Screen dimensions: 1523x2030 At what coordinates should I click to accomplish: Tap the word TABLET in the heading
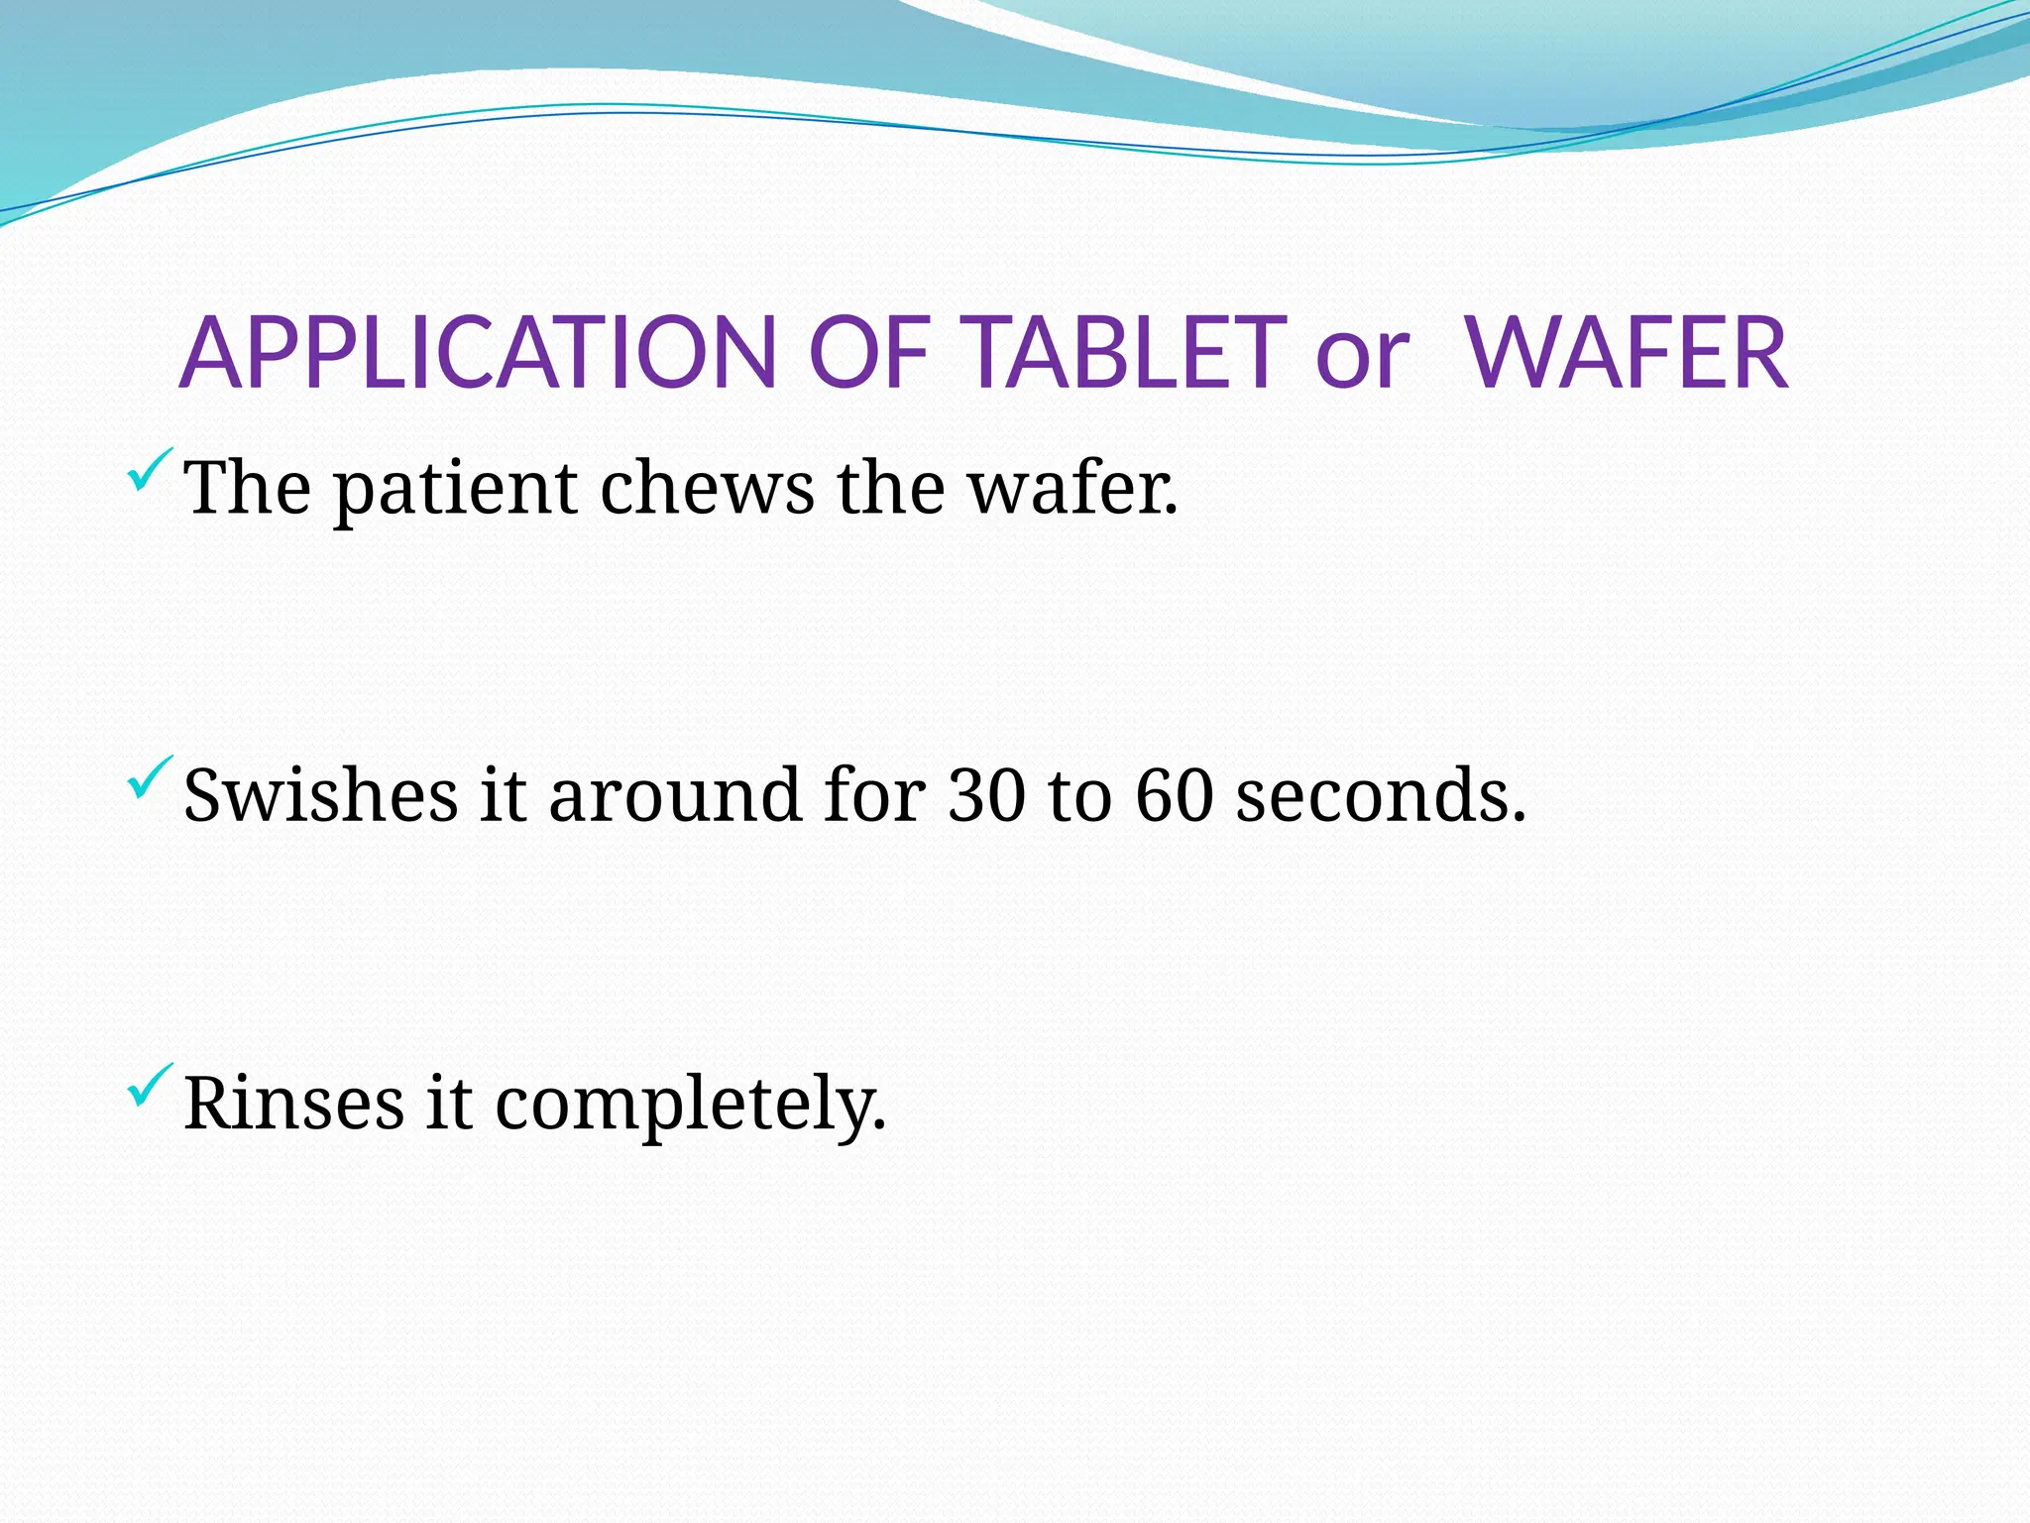(1126, 353)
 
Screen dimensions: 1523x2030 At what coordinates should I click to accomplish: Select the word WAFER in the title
(1628, 353)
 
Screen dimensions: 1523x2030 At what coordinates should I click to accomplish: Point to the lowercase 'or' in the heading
(1362, 359)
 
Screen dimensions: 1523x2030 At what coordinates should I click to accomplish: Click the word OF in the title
(868, 353)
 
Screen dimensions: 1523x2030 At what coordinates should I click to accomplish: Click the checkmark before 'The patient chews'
(150, 470)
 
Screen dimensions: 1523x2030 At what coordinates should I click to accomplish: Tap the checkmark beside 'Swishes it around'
(150, 778)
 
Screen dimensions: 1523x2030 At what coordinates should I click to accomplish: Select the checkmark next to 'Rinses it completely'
(150, 1086)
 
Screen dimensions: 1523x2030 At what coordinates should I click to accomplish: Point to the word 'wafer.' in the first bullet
(1073, 490)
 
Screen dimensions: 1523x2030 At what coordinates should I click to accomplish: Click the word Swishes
(321, 797)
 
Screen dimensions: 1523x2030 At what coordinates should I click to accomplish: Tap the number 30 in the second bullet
(986, 797)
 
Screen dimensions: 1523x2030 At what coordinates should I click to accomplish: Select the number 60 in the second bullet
(1175, 797)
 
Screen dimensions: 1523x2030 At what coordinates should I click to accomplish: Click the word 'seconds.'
(1381, 797)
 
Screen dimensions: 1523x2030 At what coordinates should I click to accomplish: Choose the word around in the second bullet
(675, 797)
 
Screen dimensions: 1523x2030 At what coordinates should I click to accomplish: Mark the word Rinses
(294, 1105)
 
